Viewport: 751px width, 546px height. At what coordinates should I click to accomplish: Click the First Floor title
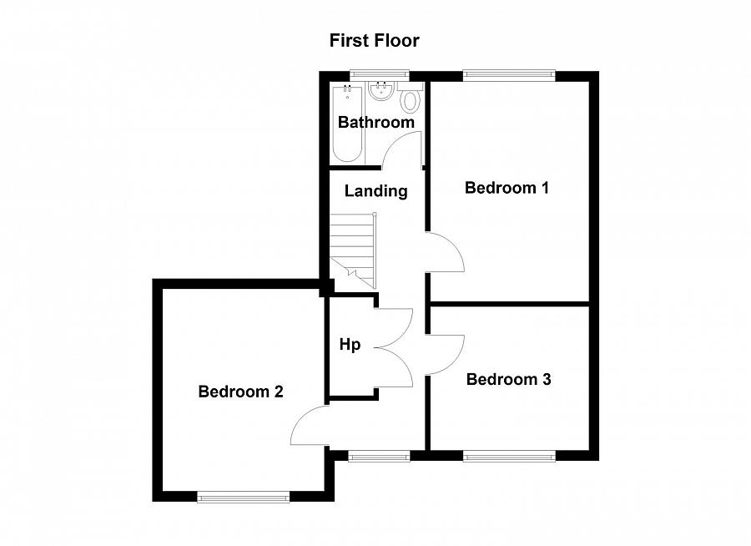pos(374,40)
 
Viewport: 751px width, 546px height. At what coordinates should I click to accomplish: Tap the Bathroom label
pos(375,122)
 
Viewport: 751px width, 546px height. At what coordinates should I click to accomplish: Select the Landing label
pos(375,191)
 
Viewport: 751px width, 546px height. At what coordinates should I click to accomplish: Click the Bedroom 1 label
pos(507,188)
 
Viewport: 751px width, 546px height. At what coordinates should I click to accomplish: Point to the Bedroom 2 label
pos(241,392)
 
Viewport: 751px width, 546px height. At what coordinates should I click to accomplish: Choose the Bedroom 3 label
pos(508,380)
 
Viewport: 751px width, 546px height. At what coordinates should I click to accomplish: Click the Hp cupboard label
pos(350,345)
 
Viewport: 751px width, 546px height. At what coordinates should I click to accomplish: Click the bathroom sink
pos(382,91)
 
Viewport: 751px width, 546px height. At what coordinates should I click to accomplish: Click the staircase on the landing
pos(354,246)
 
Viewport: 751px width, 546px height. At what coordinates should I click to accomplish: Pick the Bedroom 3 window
pos(509,456)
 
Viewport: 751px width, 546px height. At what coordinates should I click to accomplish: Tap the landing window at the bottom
pos(379,456)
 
